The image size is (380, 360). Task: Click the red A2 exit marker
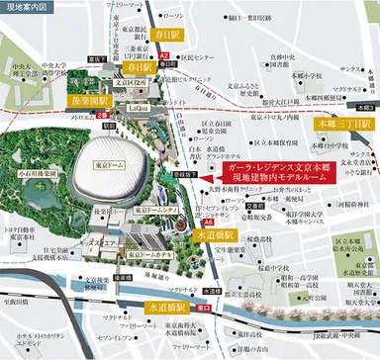click(x=164, y=60)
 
